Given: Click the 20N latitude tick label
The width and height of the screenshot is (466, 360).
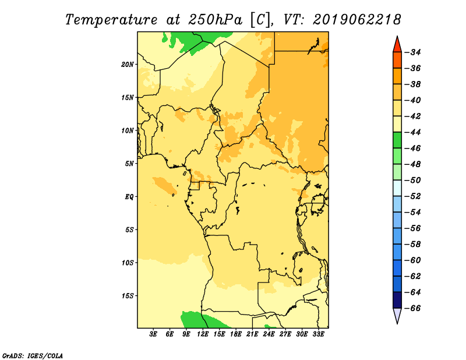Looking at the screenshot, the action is tap(128, 65).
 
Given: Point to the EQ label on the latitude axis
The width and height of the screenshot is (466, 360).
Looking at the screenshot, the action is tap(129, 197).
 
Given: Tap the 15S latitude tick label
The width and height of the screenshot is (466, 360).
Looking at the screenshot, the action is tap(128, 296).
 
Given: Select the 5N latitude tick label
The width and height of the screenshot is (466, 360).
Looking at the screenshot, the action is tap(129, 164).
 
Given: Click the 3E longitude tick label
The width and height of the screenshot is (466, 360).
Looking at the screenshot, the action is tap(153, 334).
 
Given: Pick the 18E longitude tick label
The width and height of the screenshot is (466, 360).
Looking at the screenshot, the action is tap(236, 334).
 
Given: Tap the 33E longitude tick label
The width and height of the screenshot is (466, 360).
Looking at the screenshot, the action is tap(318, 334).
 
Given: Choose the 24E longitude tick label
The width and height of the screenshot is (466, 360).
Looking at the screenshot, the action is tap(269, 334).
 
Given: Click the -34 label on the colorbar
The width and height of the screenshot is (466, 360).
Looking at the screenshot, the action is tap(413, 52).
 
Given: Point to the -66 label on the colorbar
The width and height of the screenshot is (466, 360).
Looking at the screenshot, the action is tap(413, 308).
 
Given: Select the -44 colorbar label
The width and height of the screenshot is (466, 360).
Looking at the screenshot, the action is tap(413, 132).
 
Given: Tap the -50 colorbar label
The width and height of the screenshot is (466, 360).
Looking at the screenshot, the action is tap(413, 181).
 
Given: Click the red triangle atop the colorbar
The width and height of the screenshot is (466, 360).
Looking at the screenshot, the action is tap(397, 45).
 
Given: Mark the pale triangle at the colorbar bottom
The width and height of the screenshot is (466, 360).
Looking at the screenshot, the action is tap(397, 315).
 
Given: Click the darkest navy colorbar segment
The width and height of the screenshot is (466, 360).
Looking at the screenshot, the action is tap(397, 300).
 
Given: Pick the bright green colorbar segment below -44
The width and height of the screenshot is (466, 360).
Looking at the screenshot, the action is tap(397, 140).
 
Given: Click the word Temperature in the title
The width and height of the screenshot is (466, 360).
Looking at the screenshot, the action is tap(111, 20).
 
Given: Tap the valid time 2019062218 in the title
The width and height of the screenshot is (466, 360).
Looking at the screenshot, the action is tap(357, 20).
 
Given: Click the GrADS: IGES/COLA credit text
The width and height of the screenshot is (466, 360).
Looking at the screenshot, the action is tap(33, 356).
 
